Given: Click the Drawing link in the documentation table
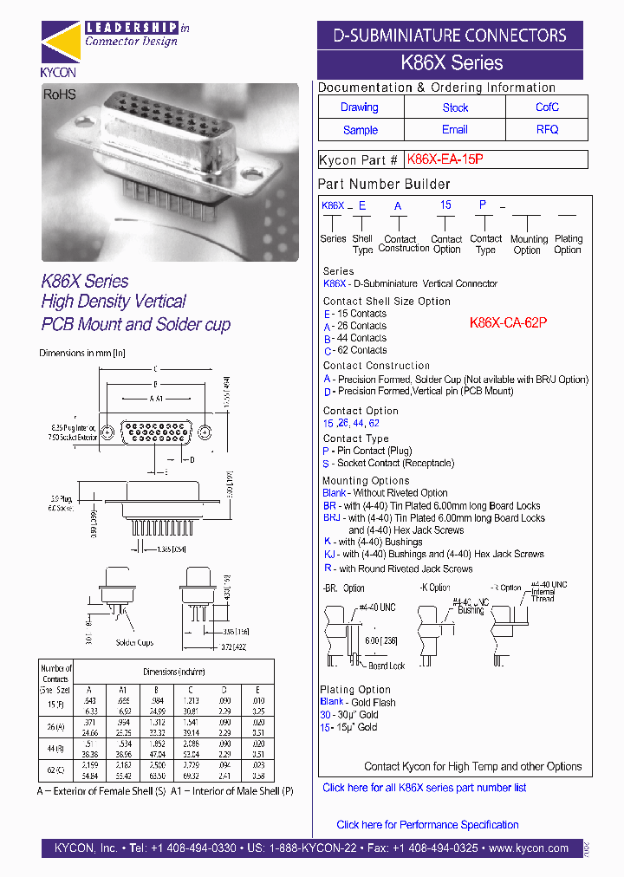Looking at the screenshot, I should click(359, 107).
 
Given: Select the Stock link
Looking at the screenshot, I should click(455, 107).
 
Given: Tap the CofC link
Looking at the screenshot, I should click(547, 107).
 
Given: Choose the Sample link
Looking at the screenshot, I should click(360, 130).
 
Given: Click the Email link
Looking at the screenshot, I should click(455, 130).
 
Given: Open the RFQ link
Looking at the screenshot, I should click(547, 130).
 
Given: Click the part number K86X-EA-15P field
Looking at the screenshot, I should click(445, 159).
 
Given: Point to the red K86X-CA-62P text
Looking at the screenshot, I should click(508, 322).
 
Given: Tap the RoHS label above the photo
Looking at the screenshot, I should click(60, 94).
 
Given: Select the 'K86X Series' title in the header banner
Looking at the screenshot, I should click(451, 63).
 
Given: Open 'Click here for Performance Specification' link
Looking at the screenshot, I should click(427, 824).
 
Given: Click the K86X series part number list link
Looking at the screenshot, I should click(424, 788).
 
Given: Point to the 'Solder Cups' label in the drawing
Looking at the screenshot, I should click(133, 642).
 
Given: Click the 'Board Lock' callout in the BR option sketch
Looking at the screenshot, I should click(385, 666).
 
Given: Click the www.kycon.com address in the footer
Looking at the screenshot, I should click(528, 848).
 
